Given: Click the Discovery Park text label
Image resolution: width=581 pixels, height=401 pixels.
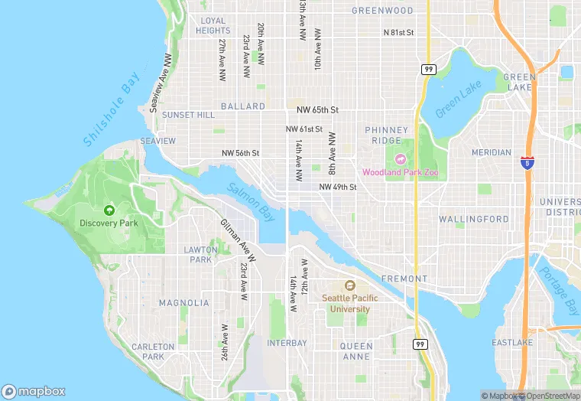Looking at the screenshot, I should click(x=109, y=223).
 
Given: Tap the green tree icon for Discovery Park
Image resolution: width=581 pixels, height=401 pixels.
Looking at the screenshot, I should click(x=109, y=210).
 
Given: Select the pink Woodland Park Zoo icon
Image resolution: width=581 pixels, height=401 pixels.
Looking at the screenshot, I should click(x=400, y=160).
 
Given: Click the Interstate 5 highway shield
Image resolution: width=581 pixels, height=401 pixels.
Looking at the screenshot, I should click(x=527, y=161).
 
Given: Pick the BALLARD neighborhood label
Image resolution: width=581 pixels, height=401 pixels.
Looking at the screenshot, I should click(x=243, y=106).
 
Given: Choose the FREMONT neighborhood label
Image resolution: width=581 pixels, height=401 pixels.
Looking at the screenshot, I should click(x=404, y=279).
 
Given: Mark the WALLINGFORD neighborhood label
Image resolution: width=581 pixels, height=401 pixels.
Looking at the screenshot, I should click(x=474, y=219).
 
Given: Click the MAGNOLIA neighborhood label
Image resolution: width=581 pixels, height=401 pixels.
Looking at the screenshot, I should click(x=184, y=303).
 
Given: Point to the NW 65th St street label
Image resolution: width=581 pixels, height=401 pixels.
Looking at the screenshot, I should click(x=313, y=111).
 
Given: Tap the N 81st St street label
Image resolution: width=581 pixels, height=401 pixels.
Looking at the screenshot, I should click(x=398, y=33).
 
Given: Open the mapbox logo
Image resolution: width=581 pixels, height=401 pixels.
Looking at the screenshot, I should click(x=34, y=391).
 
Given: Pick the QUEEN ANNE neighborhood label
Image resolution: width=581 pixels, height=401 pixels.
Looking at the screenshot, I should click(x=357, y=351).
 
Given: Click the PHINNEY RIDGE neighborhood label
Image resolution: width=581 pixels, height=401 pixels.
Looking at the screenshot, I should click(x=387, y=135).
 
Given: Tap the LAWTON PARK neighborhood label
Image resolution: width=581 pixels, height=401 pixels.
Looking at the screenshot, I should click(x=201, y=254).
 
